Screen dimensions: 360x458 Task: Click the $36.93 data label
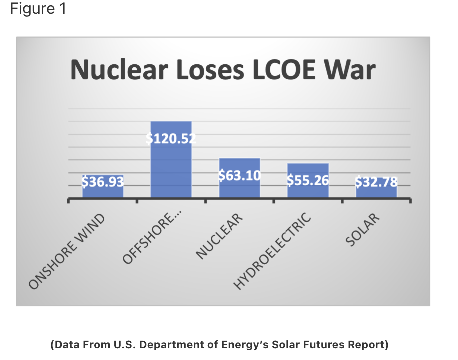point(103,181)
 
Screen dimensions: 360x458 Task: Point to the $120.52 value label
point(171,139)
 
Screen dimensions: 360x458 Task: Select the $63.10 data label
point(239,175)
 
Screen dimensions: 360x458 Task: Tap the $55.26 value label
point(308,180)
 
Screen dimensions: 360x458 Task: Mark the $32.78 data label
point(376,182)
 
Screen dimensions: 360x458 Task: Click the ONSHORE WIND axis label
point(67,252)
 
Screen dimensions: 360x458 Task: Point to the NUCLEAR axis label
point(219,236)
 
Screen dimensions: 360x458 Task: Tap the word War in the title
point(350,70)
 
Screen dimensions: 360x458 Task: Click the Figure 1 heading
point(38,10)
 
